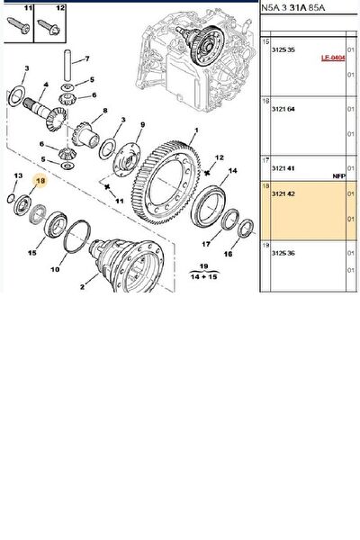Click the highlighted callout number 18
point(40,181)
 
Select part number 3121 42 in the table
point(283,193)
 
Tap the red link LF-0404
point(333,58)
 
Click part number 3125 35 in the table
point(283,49)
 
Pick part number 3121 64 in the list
point(283,109)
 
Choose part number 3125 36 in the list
point(283,253)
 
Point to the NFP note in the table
point(338,176)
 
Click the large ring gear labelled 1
point(166,184)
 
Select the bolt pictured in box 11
point(19,26)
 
